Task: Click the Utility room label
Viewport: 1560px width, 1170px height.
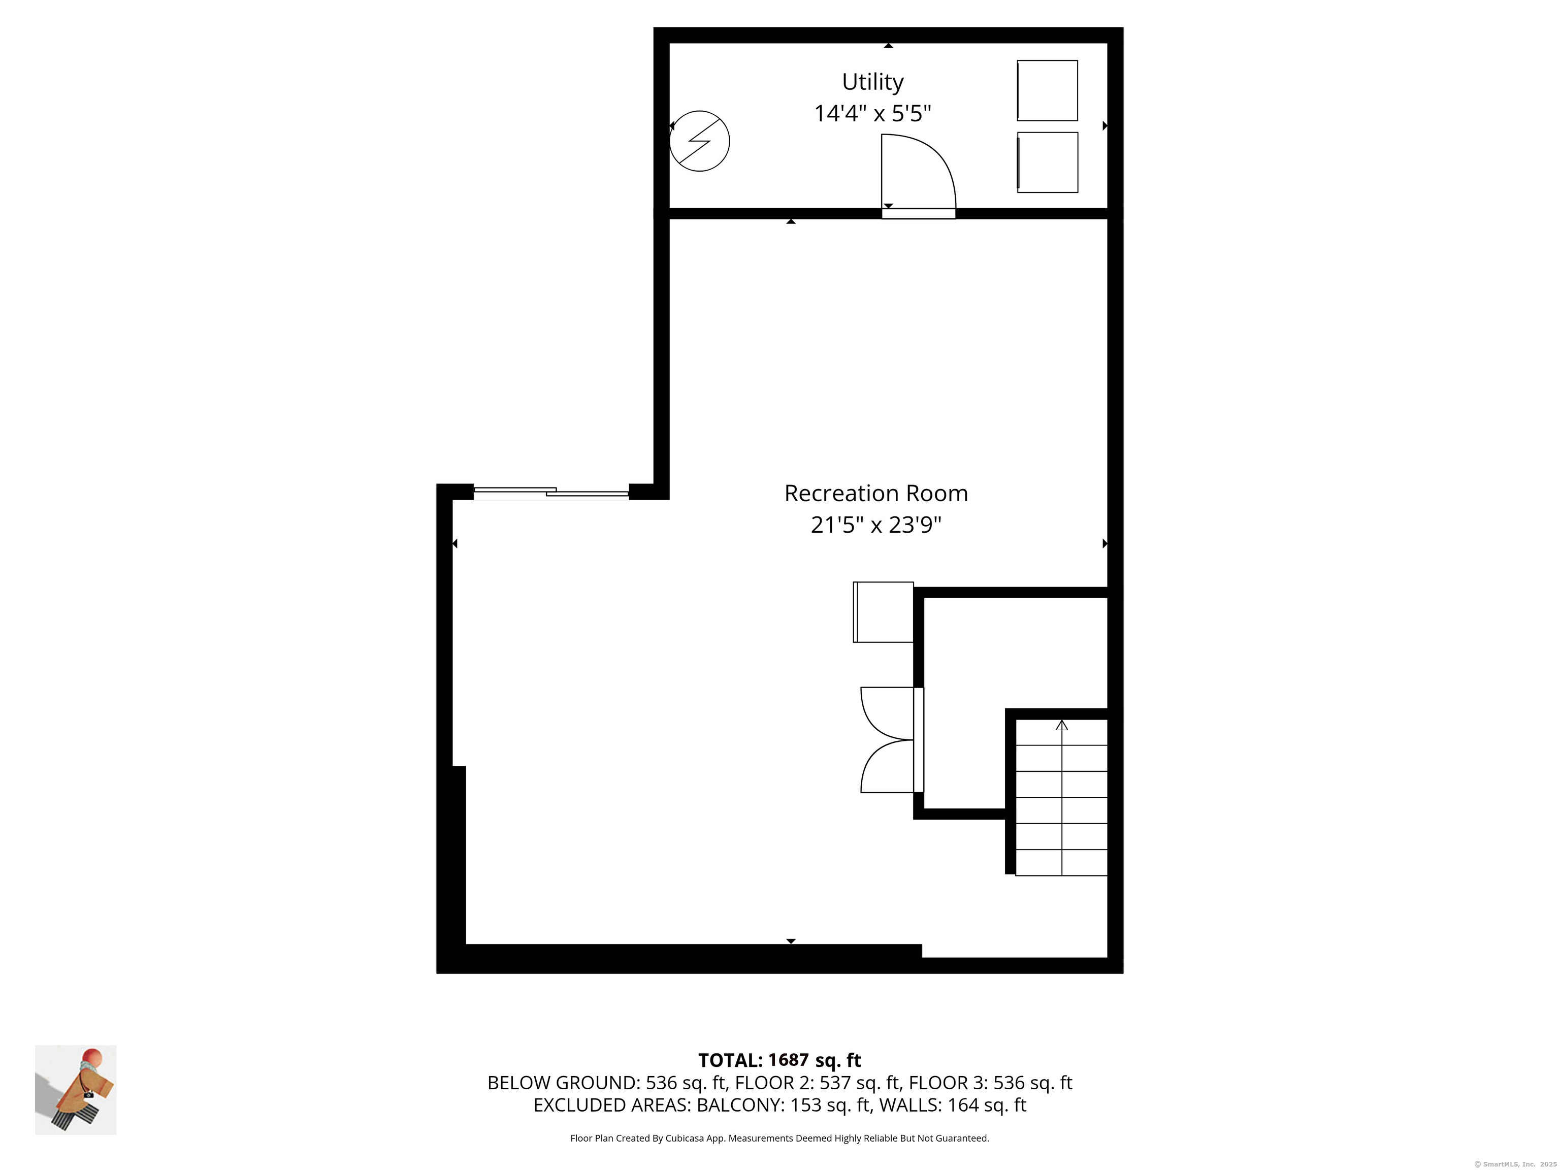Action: click(872, 82)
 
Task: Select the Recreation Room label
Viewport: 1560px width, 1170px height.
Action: click(876, 494)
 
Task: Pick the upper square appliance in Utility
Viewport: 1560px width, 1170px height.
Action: click(1047, 90)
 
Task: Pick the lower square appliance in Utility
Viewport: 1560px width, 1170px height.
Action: click(1047, 162)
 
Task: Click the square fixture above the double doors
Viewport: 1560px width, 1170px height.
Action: click(883, 612)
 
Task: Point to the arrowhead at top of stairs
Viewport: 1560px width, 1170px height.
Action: click(1061, 725)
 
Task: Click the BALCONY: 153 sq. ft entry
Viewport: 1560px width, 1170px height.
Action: click(783, 1105)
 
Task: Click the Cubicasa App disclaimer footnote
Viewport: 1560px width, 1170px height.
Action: click(779, 1139)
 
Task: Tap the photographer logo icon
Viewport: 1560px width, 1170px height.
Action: click(76, 1090)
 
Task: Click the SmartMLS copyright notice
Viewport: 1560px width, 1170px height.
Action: click(1515, 1164)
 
